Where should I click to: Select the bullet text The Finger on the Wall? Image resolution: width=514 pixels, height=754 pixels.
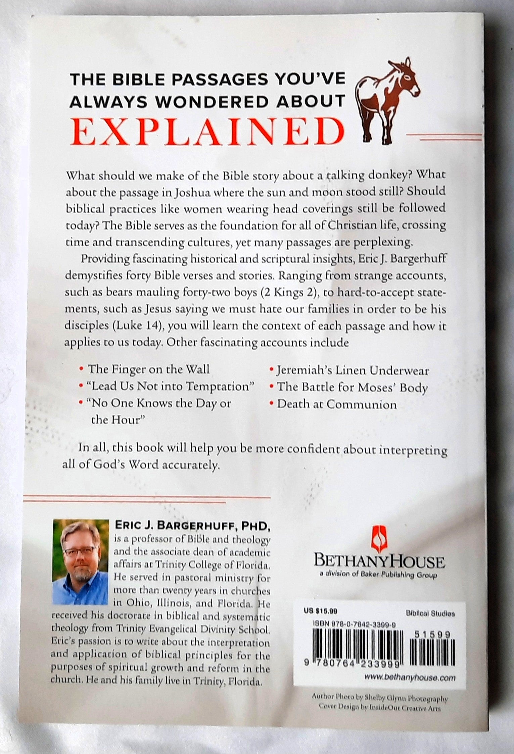coord(148,369)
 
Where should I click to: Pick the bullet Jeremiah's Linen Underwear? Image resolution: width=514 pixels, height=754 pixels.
coord(353,370)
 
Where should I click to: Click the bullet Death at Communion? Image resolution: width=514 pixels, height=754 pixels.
coord(336,404)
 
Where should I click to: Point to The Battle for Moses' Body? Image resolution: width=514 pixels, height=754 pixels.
coord(352,388)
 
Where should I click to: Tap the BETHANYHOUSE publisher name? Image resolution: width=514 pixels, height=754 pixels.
coord(378,562)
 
